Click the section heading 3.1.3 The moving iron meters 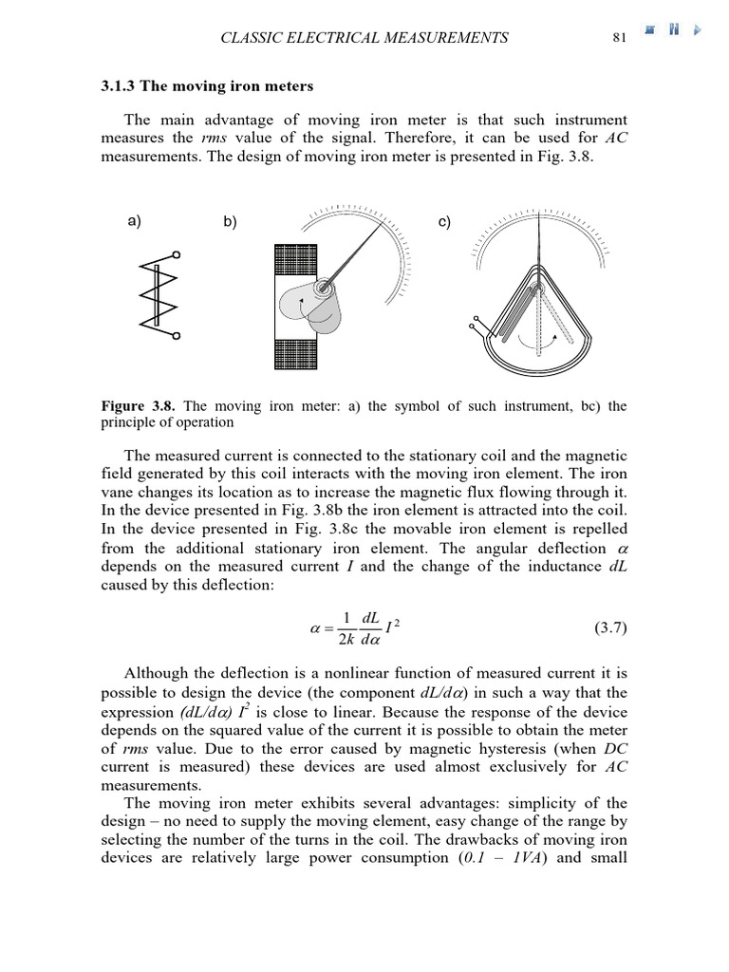[207, 85]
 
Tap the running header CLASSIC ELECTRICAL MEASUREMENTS [364, 38]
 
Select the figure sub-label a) [134, 221]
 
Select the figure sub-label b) [230, 221]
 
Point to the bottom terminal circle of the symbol [176, 335]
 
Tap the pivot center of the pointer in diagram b [326, 285]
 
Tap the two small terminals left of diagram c [476, 324]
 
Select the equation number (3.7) [609, 627]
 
